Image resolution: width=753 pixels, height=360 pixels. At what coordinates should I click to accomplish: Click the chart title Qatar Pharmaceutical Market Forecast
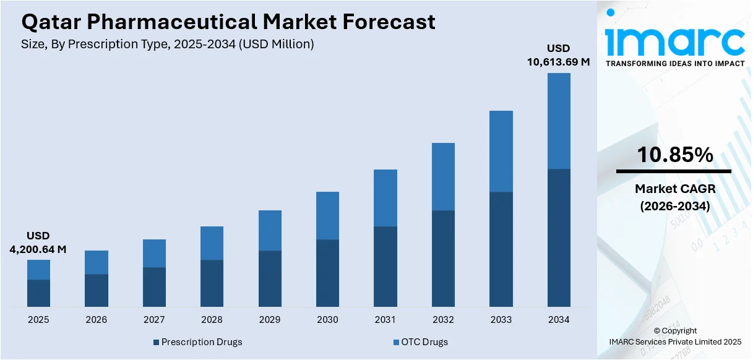(228, 23)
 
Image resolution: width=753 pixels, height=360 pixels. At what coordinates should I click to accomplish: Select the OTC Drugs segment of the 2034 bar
(559, 121)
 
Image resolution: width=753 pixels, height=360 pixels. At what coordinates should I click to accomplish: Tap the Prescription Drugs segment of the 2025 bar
(38, 293)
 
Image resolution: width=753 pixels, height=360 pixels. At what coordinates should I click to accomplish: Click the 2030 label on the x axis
(327, 320)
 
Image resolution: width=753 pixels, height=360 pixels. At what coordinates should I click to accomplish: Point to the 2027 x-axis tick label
(154, 320)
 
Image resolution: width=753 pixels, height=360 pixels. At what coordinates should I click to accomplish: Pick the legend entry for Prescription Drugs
(197, 342)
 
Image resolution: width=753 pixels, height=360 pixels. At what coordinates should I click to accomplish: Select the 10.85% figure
(675, 155)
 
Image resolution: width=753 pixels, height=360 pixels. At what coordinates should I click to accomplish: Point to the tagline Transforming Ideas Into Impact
(675, 64)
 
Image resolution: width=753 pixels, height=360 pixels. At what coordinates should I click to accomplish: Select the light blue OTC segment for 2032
(443, 177)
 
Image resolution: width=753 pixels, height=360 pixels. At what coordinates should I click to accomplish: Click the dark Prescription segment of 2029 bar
(270, 278)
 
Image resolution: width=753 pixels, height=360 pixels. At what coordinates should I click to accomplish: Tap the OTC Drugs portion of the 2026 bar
(96, 262)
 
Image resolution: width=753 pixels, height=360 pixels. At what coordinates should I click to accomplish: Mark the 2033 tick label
(501, 320)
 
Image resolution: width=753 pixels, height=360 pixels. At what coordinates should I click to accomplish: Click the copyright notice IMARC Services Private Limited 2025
(675, 341)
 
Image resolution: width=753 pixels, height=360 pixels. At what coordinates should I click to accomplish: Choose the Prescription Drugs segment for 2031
(385, 267)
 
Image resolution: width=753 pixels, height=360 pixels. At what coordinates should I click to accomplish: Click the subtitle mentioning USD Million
(168, 44)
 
